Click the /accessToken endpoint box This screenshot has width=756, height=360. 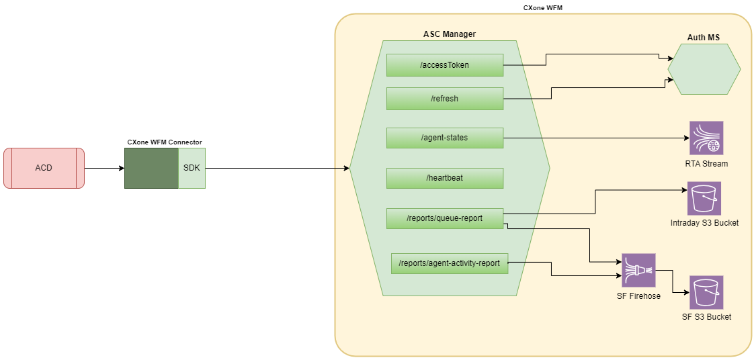click(x=445, y=65)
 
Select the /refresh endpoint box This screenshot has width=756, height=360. click(x=445, y=99)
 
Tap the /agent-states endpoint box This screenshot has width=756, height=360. click(x=445, y=138)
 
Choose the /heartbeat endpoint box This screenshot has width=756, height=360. click(x=445, y=178)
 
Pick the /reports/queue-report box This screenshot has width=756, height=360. click(x=445, y=218)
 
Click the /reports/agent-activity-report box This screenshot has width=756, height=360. click(x=450, y=263)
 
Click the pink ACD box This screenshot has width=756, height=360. click(x=44, y=168)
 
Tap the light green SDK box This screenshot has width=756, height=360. click(x=192, y=168)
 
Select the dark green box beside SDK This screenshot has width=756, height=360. click(x=151, y=168)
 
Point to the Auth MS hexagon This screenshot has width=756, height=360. click(x=704, y=70)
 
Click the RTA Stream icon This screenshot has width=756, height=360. click(x=706, y=138)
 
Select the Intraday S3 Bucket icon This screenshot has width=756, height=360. click(x=704, y=198)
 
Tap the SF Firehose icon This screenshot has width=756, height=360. click(x=638, y=271)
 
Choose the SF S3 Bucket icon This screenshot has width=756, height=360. click(x=706, y=292)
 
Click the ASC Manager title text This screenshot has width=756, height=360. click(x=450, y=34)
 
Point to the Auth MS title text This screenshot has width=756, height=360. click(x=704, y=38)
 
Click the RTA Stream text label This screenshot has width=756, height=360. click(x=706, y=164)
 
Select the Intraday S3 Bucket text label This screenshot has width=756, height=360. click(x=704, y=223)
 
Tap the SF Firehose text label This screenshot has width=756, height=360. click(x=638, y=296)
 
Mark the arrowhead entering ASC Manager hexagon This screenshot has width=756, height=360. click(x=346, y=168)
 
